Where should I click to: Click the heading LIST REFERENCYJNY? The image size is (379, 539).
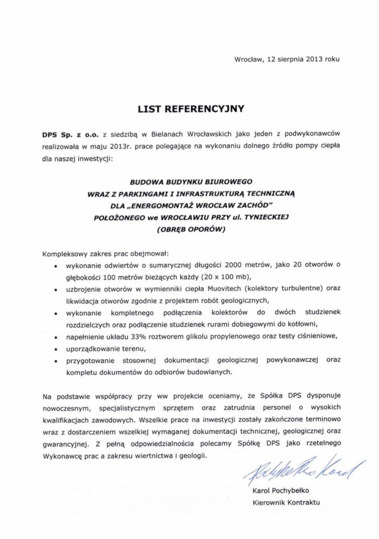[191, 109]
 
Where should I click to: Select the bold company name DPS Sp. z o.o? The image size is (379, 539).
[71, 135]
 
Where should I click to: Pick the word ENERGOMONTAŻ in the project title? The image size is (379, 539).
[185, 205]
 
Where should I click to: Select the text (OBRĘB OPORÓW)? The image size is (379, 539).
[191, 229]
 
